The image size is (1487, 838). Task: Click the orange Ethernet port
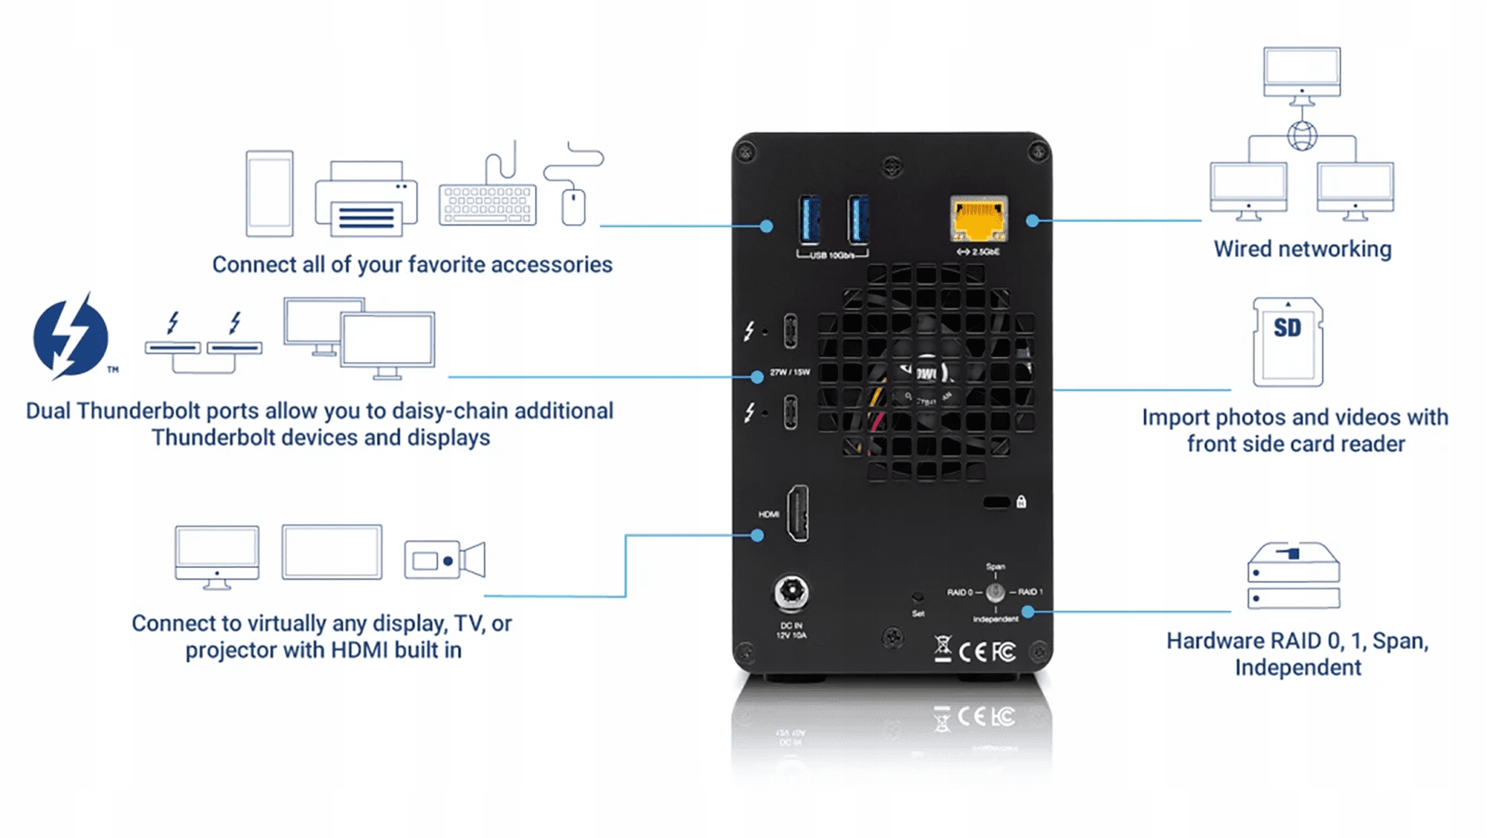point(978,219)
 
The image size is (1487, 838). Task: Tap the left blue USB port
point(810,219)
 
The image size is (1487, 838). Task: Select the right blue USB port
point(858,219)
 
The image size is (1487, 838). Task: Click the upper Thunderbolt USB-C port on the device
point(790,331)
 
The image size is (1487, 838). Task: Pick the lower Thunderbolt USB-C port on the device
point(790,412)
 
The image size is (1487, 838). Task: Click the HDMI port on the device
point(798,513)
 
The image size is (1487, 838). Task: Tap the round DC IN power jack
point(791,593)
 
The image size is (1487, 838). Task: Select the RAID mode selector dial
point(995,593)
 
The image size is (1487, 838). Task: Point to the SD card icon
point(1288,342)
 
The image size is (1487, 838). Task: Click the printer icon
point(366,199)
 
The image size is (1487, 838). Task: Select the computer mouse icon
point(573,206)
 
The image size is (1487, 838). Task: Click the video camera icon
point(445,560)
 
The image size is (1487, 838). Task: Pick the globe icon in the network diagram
point(1302,136)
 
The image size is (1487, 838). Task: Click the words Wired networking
point(1302,249)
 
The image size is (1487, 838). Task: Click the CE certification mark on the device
point(972,652)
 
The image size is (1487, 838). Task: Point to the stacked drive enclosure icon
point(1293,576)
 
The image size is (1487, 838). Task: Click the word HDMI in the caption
point(360,650)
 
